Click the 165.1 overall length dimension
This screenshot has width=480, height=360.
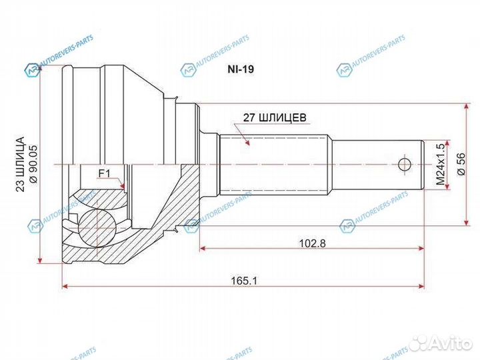click(245, 281)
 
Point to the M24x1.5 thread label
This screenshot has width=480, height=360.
click(440, 165)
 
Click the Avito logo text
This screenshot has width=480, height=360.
click(451, 343)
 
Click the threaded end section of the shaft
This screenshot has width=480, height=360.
click(377, 165)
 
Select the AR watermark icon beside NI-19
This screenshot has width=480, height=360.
click(189, 69)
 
